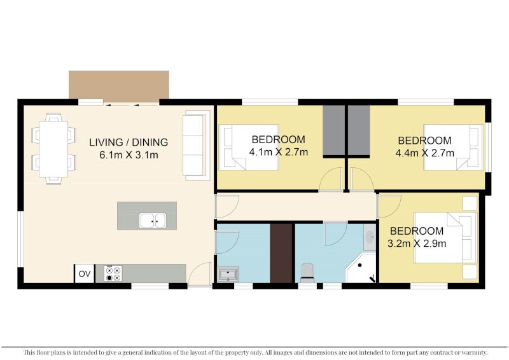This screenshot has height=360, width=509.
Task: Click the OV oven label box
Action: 85,273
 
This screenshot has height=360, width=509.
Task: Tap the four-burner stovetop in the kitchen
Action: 113,273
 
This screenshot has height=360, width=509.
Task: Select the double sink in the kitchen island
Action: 153,221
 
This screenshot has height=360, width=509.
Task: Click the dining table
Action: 53,149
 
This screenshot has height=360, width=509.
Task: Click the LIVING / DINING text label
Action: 129,142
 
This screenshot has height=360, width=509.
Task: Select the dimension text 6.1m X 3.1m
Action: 129,155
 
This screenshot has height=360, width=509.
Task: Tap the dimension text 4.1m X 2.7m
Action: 279,152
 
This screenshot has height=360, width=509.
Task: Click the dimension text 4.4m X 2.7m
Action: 424,153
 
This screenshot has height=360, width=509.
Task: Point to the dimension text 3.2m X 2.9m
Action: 417,244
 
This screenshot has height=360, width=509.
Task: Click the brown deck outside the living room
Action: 119,85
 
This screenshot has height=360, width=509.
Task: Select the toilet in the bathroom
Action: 307,272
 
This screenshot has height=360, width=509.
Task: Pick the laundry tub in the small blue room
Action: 228,274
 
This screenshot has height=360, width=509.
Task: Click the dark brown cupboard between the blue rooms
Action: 281,253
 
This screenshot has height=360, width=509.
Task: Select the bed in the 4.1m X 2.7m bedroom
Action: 249,147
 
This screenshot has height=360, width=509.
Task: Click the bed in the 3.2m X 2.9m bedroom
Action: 445,238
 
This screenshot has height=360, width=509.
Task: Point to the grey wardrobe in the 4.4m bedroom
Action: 359,130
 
